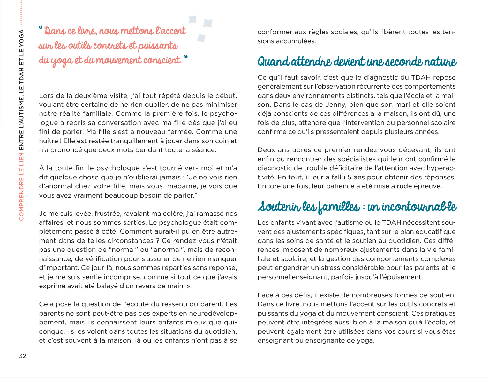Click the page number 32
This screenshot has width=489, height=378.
[22, 356]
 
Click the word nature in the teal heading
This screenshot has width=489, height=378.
[440, 62]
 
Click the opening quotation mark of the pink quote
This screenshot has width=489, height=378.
[41, 28]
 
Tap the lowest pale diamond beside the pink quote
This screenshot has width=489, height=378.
[201, 38]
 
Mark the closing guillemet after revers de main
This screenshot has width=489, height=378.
[188, 286]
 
